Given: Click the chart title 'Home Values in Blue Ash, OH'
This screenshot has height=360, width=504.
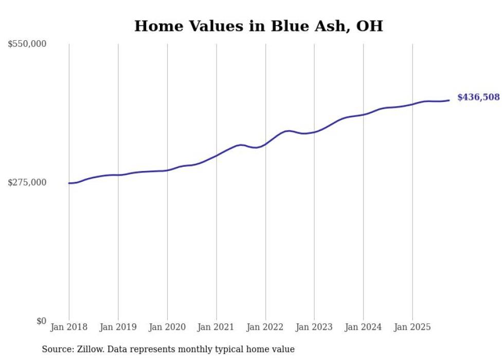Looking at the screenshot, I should click(x=258, y=26).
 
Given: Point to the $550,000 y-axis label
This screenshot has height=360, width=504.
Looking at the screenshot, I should click(x=27, y=44).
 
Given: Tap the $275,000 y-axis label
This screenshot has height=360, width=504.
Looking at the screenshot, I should click(x=27, y=183).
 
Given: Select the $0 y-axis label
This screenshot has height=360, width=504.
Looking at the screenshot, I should click(x=41, y=321).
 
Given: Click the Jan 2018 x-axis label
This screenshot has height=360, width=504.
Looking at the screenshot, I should click(x=69, y=327).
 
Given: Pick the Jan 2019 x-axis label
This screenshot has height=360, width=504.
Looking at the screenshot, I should click(x=118, y=327).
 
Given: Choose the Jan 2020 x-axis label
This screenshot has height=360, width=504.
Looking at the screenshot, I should click(x=167, y=327).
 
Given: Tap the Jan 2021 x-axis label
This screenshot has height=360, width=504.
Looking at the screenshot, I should click(x=216, y=327).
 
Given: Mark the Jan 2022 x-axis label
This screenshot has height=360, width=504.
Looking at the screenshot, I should click(x=265, y=327).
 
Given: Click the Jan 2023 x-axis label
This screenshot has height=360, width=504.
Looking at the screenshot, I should click(x=314, y=327).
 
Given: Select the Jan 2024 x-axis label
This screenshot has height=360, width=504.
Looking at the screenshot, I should click(x=363, y=327).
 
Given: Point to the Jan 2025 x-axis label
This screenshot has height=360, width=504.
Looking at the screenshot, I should click(x=412, y=327).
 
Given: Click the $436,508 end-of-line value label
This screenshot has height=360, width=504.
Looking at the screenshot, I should click(x=478, y=97).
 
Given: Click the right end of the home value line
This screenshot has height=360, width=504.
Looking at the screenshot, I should click(x=449, y=100).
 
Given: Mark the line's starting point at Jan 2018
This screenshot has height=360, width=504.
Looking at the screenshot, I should click(x=69, y=183).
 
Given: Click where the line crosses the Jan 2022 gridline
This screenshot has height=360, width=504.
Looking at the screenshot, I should click(x=265, y=144).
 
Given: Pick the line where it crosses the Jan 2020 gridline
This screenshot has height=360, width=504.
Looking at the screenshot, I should click(x=167, y=170).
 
